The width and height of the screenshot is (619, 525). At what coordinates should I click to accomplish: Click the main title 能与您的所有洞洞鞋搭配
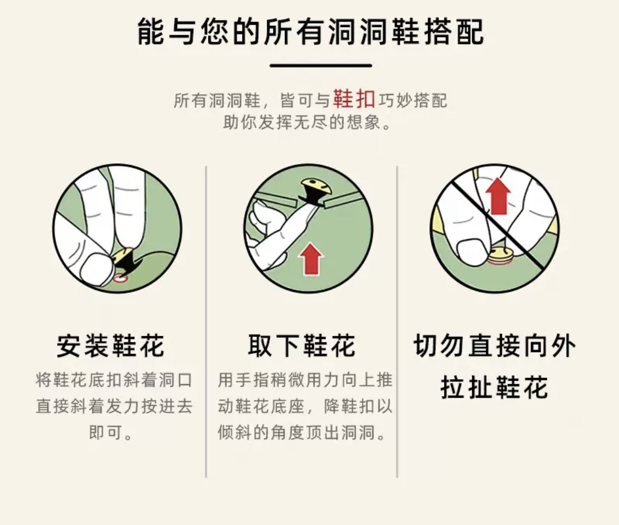(310, 31)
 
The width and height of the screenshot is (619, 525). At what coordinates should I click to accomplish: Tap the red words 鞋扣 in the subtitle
(354, 99)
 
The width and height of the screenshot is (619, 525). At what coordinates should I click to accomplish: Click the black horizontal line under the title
(321, 65)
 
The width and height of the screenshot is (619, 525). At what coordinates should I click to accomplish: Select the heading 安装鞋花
(111, 346)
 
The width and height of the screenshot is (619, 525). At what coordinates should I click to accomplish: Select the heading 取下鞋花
(302, 346)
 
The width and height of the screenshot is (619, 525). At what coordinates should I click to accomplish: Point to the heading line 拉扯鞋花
(494, 387)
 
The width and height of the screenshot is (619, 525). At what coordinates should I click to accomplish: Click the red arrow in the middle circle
(310, 259)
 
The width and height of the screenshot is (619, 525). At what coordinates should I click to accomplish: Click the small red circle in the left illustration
(120, 278)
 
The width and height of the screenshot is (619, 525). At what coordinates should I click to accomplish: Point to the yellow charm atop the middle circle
(316, 187)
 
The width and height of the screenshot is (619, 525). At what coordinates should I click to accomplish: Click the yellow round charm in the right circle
(500, 255)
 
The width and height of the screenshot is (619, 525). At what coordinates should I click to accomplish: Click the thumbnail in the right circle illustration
(471, 252)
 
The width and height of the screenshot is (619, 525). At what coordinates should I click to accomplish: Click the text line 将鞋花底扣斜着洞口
(114, 380)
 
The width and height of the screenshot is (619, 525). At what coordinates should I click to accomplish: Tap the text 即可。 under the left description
(111, 433)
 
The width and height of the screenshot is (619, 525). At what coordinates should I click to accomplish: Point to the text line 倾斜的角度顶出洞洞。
(302, 433)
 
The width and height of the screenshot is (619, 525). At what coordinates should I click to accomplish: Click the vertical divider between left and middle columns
(206, 322)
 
